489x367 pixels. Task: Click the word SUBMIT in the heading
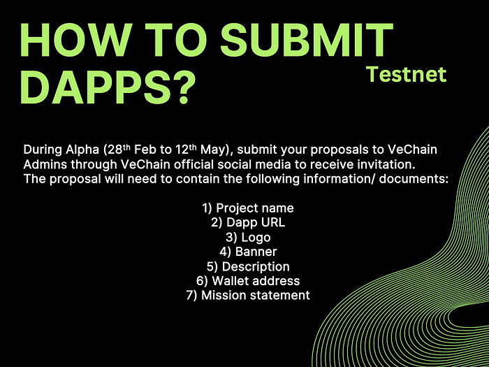click(307, 40)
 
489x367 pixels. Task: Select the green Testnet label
click(407, 74)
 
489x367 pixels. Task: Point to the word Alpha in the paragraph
click(82, 150)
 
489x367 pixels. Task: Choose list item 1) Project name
click(248, 208)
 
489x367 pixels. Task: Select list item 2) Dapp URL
click(248, 222)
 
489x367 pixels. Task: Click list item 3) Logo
click(248, 238)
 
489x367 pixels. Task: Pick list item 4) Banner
click(248, 252)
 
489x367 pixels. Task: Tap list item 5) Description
click(248, 266)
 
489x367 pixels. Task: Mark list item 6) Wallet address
click(248, 281)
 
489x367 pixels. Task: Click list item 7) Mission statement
click(248, 295)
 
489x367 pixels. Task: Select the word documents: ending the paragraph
click(414, 179)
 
